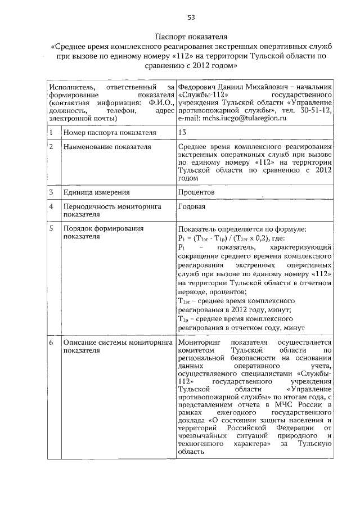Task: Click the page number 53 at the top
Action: point(191,17)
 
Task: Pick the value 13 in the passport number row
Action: point(182,133)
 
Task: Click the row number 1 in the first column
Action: point(51,133)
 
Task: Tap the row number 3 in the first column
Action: point(51,192)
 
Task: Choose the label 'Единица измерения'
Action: point(92,192)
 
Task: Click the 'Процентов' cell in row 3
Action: point(196,192)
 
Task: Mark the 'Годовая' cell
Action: point(191,206)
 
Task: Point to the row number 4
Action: point(51,206)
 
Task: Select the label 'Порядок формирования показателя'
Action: point(96,233)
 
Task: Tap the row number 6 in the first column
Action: point(51,342)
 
